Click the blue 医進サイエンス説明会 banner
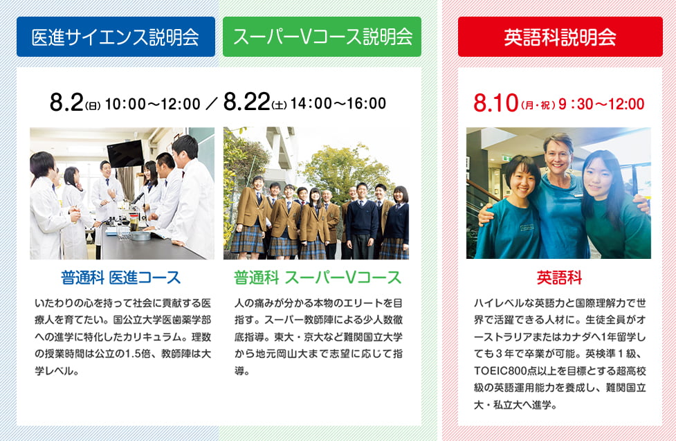tap(116, 37)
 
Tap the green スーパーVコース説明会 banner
tap(322, 37)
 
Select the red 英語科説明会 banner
tap(560, 37)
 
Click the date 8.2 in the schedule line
tap(66, 102)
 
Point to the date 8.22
tap(246, 102)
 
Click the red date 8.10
tap(495, 103)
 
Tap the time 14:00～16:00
tap(338, 104)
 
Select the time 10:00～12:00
tap(153, 104)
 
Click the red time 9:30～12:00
tap(601, 104)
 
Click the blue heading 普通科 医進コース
tap(120, 278)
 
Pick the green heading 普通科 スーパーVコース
tap(318, 278)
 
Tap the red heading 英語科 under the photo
tap(559, 278)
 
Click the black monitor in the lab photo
tap(125, 154)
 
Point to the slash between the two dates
tap(212, 104)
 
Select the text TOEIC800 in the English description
tap(494, 370)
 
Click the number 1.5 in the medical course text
tap(132, 354)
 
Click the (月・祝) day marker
tap(538, 105)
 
